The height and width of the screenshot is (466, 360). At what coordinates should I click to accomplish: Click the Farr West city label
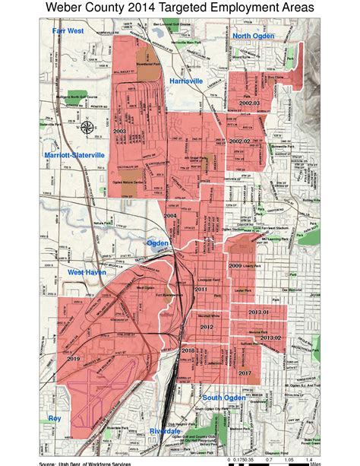coord(68,31)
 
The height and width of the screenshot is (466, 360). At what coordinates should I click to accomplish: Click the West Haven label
coord(87,271)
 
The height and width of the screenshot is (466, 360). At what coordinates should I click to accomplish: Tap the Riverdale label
coord(165,431)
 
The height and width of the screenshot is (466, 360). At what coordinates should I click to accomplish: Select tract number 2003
coord(119,132)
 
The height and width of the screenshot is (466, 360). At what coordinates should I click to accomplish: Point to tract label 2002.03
coord(248,102)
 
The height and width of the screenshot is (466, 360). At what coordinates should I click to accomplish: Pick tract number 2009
coord(235,266)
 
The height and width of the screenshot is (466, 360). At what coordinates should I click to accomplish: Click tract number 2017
coord(245,372)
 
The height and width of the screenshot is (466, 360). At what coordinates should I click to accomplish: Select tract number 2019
coord(74,358)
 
